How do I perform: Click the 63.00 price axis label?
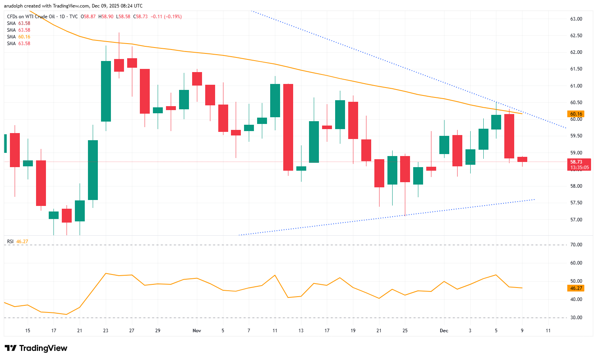pos(576,19)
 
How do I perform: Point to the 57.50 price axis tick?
pos(576,203)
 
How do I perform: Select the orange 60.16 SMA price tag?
pos(576,114)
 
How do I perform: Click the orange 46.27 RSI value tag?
pos(576,288)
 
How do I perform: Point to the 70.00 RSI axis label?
pos(576,245)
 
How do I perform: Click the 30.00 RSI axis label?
pos(576,318)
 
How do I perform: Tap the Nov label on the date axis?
pos(197,330)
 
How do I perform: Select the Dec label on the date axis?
pos(444,330)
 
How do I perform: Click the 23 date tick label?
pos(106,330)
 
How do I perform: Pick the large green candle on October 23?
pos(106,91)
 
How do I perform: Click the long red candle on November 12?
pos(288,127)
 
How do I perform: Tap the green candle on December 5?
pos(496,122)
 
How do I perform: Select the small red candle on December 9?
pos(522,159)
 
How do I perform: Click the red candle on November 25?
pos(405,169)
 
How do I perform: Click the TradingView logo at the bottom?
pos(36,348)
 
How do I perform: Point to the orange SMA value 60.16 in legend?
pos(24,37)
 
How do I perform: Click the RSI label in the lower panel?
pos(10,242)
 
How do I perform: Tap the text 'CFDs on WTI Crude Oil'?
pos(31,17)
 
